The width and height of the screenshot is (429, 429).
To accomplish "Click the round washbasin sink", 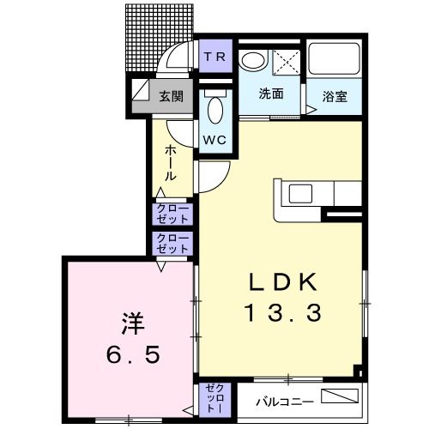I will pyautogui.click(x=253, y=60).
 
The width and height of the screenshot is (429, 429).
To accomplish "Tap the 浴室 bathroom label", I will pyautogui.click(x=335, y=96).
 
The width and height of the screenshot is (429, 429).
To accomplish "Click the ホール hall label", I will pyautogui.click(x=171, y=162).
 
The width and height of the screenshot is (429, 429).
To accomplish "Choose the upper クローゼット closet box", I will pyautogui.click(x=172, y=213).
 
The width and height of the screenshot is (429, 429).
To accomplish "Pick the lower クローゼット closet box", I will pyautogui.click(x=172, y=243).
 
